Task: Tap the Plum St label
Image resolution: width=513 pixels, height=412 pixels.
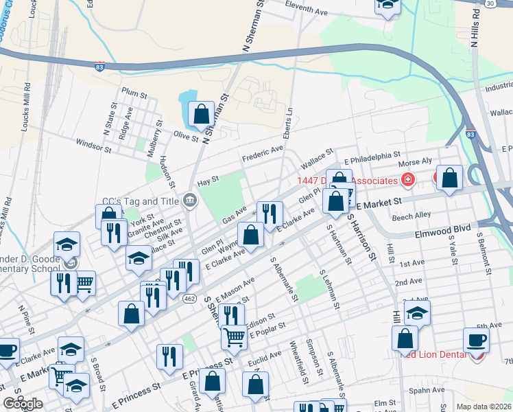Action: [134, 92]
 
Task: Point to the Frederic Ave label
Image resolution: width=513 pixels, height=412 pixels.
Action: [262, 154]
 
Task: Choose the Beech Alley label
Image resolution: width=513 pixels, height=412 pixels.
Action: [411, 216]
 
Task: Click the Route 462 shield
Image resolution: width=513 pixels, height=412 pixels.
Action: [190, 298]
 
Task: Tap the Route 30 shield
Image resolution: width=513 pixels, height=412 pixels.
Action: [490, 4]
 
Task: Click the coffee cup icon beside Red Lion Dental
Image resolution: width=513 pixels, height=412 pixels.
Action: [476, 340]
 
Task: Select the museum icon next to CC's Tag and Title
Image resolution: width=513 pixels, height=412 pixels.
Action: [190, 201]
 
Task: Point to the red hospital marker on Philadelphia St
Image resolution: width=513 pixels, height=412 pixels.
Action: [408, 181]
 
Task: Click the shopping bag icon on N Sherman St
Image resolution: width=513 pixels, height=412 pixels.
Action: [202, 115]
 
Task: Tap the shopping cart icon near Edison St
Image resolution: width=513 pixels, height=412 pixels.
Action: [234, 336]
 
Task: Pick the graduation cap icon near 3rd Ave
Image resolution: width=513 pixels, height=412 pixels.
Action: [417, 314]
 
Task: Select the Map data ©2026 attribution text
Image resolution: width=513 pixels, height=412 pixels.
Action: [484, 406]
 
